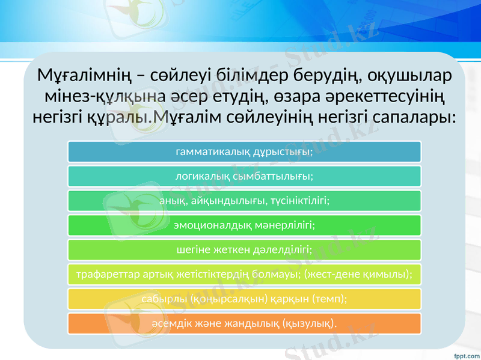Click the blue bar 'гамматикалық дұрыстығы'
tap(244, 152)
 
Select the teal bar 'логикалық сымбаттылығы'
tap(244, 177)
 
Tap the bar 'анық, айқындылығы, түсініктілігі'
tap(244, 201)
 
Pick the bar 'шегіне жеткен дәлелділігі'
tap(244, 249)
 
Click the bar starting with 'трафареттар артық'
tap(244, 274)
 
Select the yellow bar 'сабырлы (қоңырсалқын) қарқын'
tap(244, 298)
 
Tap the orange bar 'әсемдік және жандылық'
tap(244, 323)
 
